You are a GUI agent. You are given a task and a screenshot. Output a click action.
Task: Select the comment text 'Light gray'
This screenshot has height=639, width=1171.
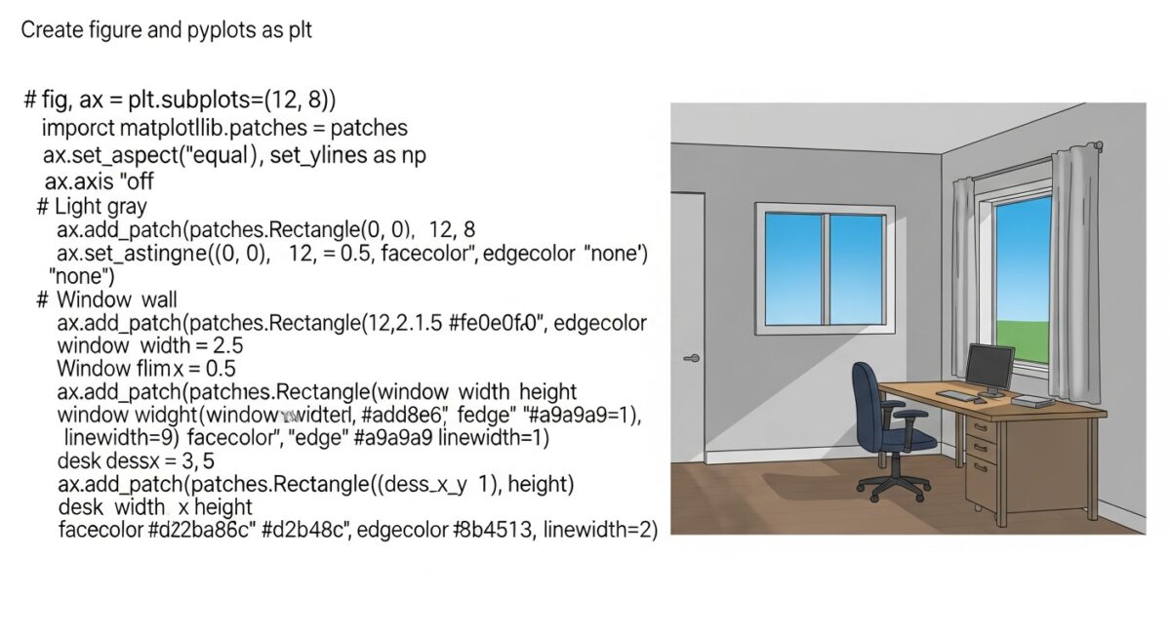coord(101,206)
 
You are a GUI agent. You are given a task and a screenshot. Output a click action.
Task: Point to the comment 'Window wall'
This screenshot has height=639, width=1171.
coord(117,299)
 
